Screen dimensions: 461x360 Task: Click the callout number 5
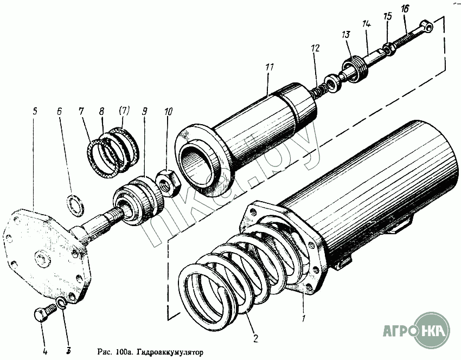point(35,111)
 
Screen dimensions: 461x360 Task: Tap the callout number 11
point(269,68)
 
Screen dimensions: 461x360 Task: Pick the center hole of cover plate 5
point(41,256)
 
